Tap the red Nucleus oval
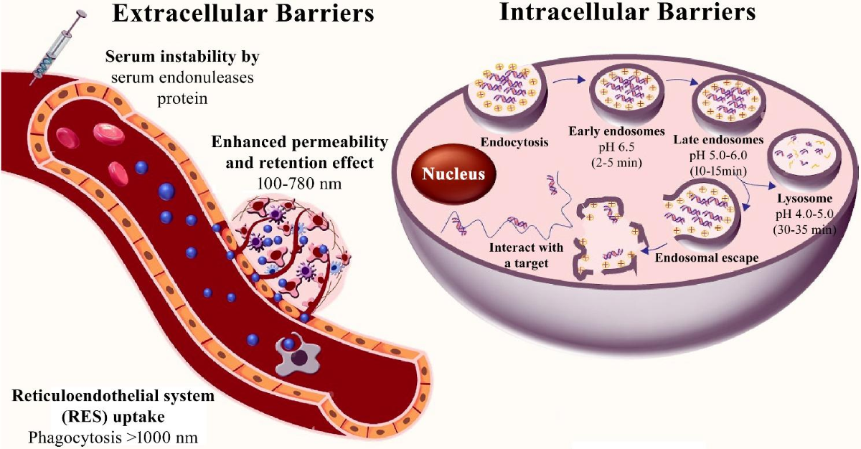[x=448, y=174]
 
